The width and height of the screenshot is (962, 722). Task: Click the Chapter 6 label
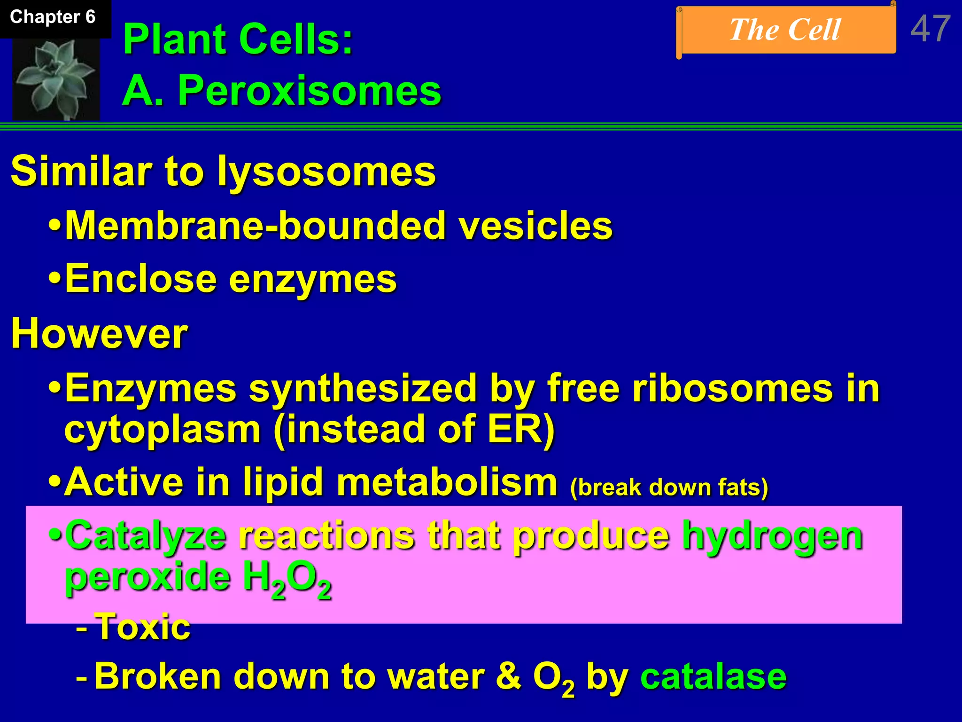[53, 17]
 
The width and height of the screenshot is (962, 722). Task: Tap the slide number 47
[930, 29]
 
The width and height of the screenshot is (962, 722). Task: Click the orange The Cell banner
[785, 31]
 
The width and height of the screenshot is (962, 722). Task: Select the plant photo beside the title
[56, 79]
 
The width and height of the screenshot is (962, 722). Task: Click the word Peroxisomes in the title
[309, 90]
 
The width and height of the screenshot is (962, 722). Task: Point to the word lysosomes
[326, 172]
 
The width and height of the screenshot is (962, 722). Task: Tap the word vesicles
[535, 226]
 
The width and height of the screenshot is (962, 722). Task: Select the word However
[99, 334]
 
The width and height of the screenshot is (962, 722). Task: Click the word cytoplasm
[163, 430]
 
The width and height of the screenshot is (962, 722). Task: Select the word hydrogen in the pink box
[772, 536]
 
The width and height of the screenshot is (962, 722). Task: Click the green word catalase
[713, 677]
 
